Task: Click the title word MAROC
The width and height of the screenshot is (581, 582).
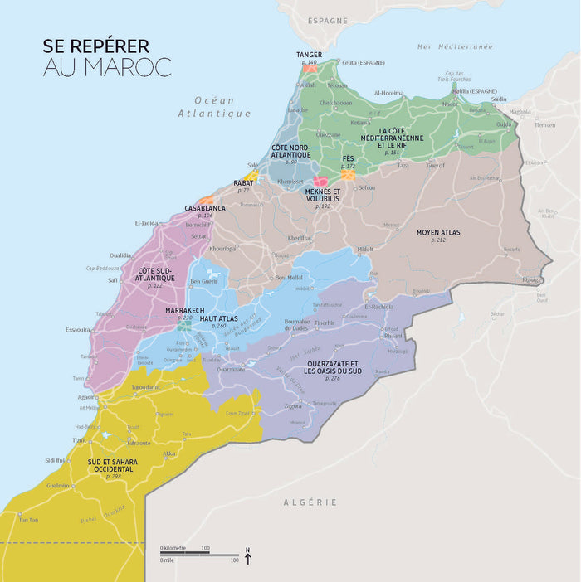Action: point(125,67)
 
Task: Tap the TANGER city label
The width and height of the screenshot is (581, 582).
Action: point(309,55)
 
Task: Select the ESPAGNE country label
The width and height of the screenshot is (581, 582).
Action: point(327,20)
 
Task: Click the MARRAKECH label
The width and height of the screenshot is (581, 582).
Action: point(185,310)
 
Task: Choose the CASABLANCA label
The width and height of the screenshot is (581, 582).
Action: point(205,208)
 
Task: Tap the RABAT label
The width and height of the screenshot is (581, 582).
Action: point(243,182)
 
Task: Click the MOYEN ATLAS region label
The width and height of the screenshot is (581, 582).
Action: point(437,233)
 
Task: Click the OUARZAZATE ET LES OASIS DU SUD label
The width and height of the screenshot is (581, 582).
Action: point(331,368)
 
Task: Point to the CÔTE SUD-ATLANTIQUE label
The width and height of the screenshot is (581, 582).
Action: point(154,274)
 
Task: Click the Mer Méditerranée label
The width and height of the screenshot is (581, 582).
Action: point(455,47)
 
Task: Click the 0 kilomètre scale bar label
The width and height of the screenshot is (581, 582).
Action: point(173,548)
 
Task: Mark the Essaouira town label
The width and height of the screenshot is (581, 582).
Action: point(77,329)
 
